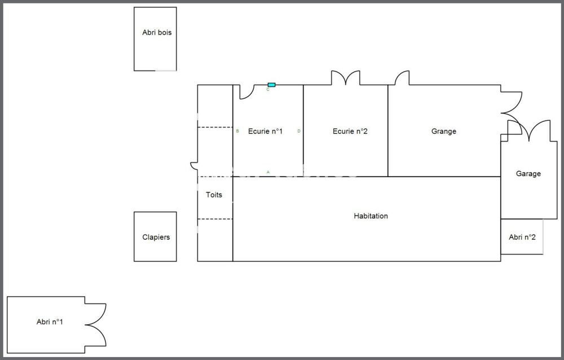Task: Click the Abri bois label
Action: [157, 32]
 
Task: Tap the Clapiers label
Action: [156, 237]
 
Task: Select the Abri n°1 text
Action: [50, 322]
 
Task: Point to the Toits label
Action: [214, 195]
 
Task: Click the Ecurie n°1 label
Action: [266, 131]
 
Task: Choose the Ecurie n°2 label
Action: [350, 131]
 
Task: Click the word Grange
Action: [444, 131]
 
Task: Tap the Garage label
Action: [528, 174]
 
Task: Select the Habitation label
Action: [371, 216]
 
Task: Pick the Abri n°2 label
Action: [522, 237]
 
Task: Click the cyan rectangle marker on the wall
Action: [272, 85]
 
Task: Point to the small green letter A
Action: [268, 172]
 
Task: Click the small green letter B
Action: [237, 131]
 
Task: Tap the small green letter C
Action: [267, 89]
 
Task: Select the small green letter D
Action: [299, 131]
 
